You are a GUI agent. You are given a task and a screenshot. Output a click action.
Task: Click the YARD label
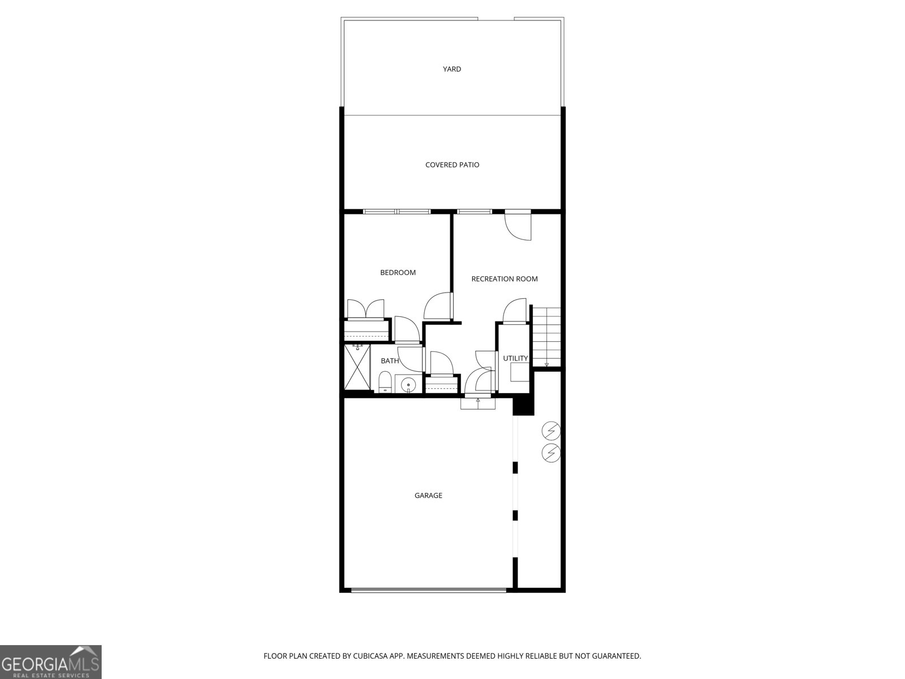452,69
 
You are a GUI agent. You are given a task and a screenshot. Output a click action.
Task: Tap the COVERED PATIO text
453,165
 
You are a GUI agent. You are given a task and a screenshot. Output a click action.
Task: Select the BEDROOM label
398,273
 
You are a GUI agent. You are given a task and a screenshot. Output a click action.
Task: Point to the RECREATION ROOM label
504,279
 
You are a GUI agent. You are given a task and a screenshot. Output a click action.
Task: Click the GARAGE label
428,496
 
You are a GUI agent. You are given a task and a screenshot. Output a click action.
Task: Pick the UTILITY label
515,358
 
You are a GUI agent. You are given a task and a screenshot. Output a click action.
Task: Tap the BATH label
390,361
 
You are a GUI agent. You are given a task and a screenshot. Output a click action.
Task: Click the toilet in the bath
385,382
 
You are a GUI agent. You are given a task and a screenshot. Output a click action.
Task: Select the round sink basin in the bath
408,384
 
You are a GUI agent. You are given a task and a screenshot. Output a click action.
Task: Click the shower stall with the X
357,367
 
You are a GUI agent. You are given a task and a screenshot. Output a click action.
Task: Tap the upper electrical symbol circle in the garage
551,431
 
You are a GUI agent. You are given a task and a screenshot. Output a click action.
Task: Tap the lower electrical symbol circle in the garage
551,453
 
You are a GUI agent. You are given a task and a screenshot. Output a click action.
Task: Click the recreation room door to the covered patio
518,225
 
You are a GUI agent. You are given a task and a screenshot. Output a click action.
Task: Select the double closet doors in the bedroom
366,309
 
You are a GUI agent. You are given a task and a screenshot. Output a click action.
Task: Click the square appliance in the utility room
519,372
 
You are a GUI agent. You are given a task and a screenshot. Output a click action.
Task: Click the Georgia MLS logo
51,662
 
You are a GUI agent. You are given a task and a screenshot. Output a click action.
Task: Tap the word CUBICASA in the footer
370,656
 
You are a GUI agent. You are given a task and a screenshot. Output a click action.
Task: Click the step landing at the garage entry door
478,403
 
